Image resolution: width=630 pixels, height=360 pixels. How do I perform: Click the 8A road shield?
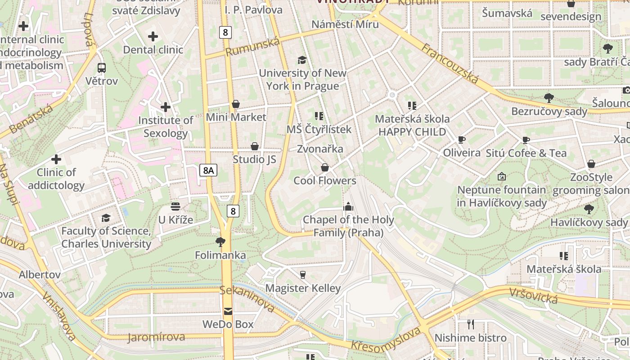tap(208, 170)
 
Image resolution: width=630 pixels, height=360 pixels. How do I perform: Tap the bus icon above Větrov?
tap(102, 68)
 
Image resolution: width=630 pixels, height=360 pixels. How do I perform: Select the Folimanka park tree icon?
tap(220, 242)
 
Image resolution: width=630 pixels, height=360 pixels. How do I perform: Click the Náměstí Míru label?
tap(345, 24)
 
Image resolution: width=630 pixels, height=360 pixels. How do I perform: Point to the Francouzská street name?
tap(450, 63)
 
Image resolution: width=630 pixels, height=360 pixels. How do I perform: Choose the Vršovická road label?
tap(533, 296)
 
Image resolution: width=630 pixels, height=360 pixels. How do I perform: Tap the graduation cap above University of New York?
tap(302, 60)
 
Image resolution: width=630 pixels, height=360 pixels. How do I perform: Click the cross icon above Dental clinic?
tap(153, 36)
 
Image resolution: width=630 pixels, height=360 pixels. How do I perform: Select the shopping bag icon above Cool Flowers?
tap(325, 167)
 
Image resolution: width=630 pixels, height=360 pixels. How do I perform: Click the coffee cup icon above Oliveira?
tap(462, 139)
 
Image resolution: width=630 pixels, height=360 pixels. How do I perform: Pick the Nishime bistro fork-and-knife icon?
tap(470, 324)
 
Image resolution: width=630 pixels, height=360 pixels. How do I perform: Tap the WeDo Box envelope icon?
tap(228, 311)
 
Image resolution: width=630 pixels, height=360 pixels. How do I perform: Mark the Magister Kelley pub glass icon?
tap(303, 274)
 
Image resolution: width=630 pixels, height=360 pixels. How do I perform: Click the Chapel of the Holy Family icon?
tap(348, 207)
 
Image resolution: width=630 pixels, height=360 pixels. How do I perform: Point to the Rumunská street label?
tap(252, 47)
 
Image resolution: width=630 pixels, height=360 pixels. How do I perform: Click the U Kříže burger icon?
tap(175, 207)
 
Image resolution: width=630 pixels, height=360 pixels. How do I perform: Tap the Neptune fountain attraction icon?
tap(502, 176)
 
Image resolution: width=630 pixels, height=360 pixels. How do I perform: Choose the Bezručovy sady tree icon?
tap(549, 98)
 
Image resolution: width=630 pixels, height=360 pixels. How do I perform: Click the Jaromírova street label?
tap(156, 337)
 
